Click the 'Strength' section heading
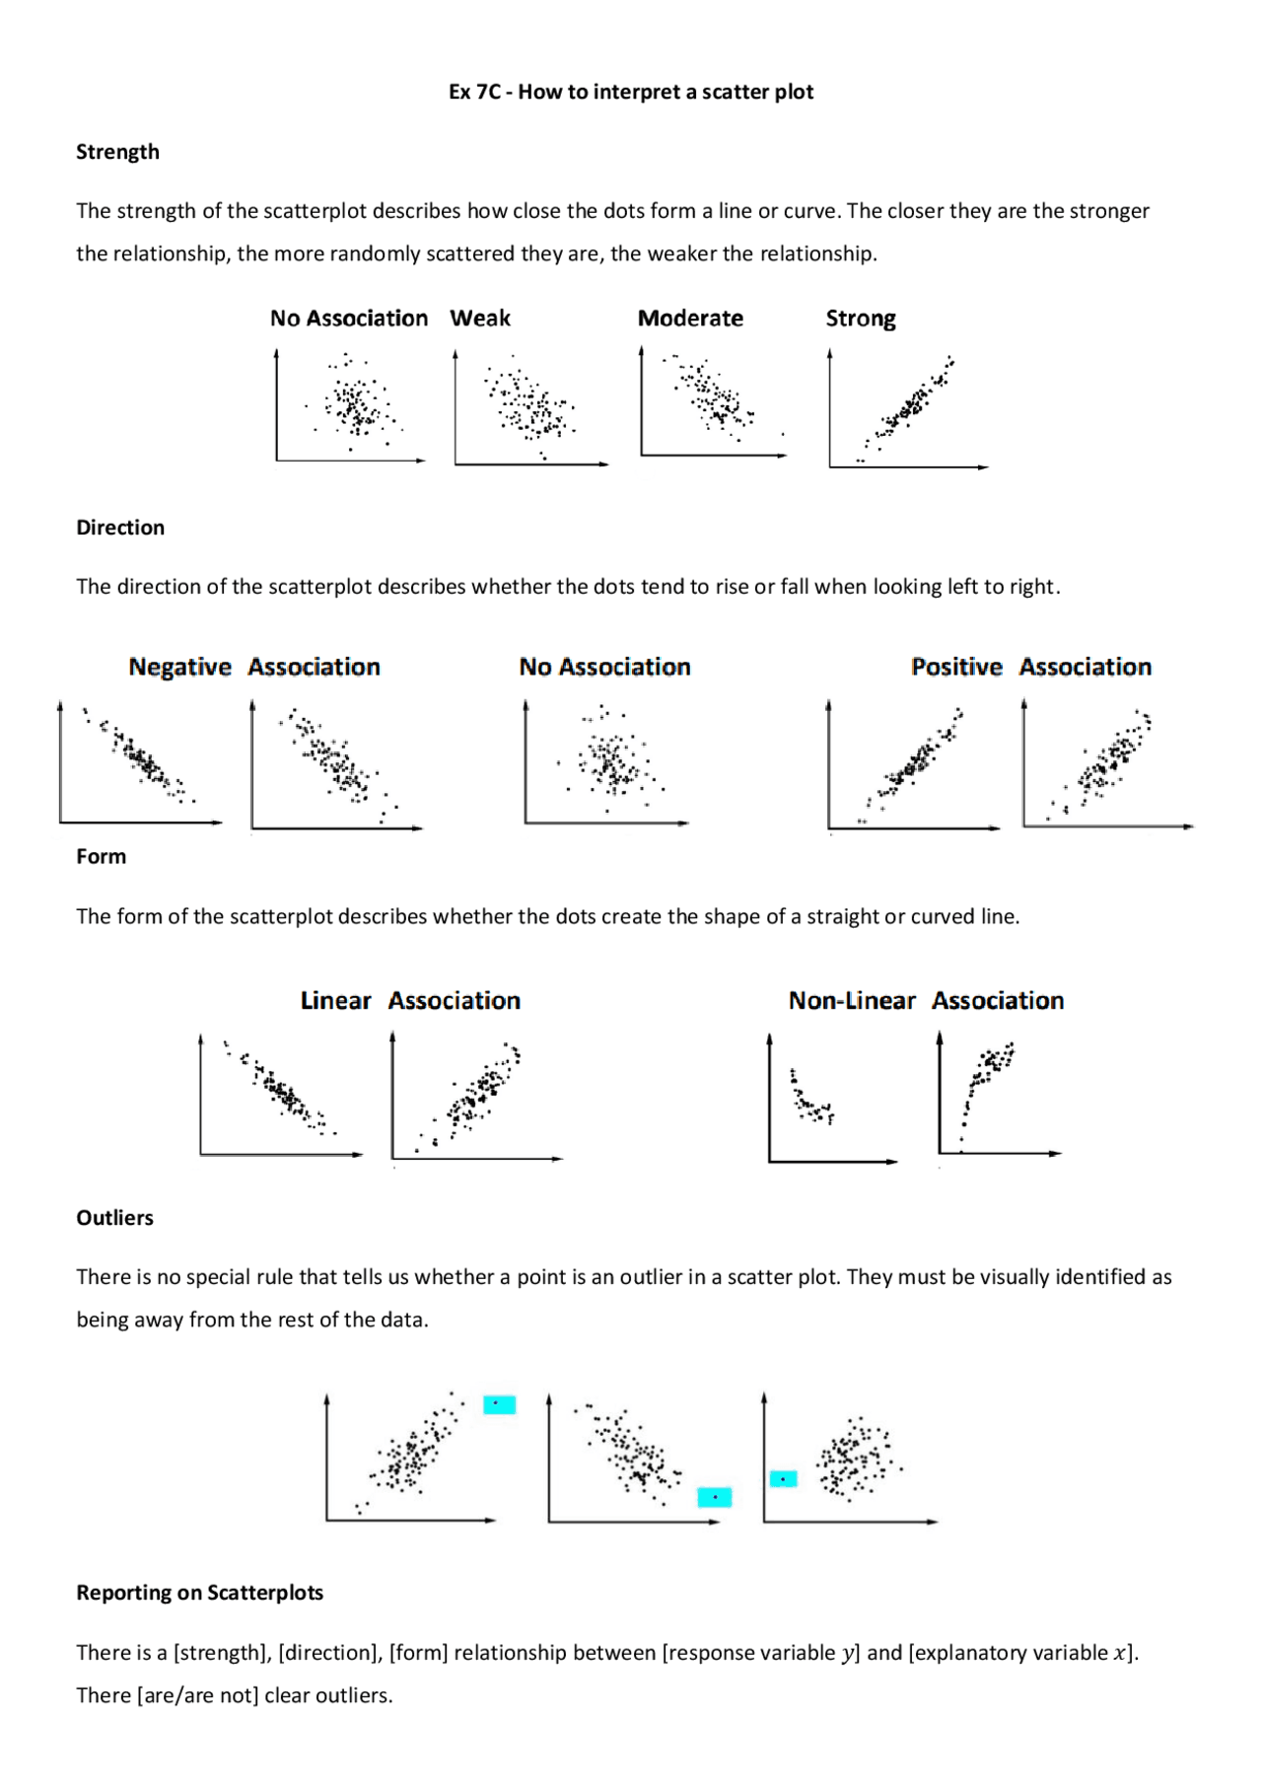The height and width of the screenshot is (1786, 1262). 117,152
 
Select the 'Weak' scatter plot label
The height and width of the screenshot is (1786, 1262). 480,319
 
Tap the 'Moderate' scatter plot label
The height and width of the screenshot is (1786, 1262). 690,319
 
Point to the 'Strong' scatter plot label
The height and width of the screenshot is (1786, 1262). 861,319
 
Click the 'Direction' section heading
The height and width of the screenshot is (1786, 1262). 120,528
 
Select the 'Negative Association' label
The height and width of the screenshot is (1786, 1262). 254,668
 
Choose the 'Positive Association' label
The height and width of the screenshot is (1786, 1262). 1030,668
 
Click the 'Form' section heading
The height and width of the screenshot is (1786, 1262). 101,857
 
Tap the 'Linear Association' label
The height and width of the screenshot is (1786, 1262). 410,1001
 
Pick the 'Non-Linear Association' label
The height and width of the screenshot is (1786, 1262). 926,1001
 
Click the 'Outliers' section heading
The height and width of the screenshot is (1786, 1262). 114,1218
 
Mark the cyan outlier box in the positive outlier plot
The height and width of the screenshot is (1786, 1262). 499,1404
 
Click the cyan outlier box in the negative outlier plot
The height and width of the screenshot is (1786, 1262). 714,1497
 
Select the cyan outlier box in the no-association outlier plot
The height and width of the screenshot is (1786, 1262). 783,1478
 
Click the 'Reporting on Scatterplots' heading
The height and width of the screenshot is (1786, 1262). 199,1593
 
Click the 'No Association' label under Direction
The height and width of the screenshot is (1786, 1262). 604,668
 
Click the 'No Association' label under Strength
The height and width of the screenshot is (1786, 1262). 349,319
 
